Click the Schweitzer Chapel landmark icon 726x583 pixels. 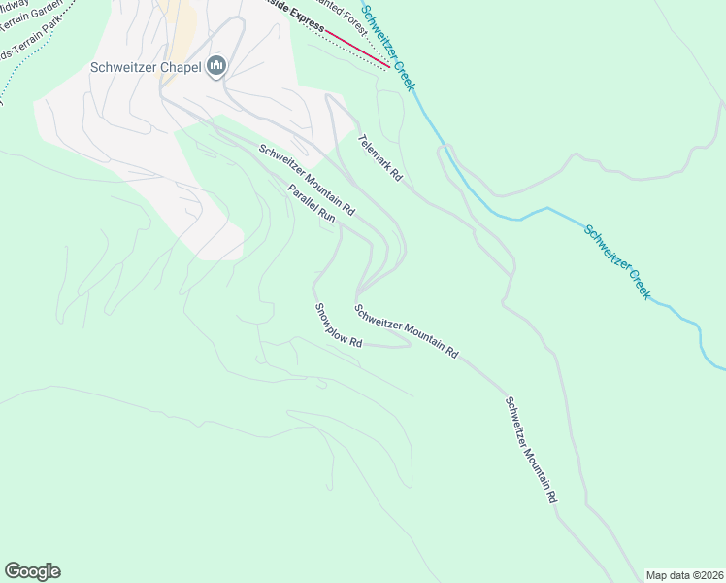(215, 66)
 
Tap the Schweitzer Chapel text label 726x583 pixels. (146, 67)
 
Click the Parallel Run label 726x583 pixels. (312, 205)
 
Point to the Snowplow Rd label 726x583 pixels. (338, 326)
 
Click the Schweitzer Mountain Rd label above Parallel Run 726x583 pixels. (307, 180)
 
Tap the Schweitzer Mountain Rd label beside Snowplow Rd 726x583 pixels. (406, 331)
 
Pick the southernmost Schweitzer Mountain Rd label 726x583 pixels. (530, 449)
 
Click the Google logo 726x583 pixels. (32, 571)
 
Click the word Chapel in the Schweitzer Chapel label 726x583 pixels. (181, 67)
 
